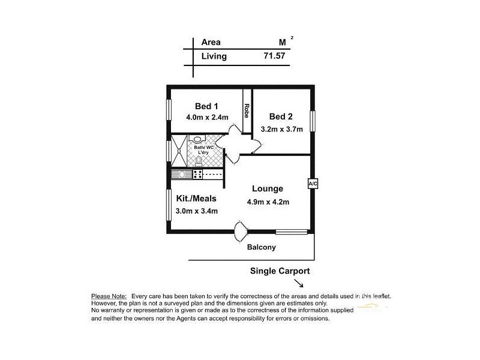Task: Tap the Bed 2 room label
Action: [x=281, y=116]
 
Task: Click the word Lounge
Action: [x=267, y=189]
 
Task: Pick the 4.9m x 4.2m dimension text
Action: [x=268, y=202]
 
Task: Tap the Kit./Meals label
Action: [x=196, y=199]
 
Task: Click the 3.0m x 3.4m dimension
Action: [x=197, y=211]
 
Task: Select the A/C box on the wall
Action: [x=312, y=184]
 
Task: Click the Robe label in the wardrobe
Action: [x=247, y=112]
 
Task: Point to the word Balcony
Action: [x=261, y=247]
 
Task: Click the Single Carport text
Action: [x=280, y=271]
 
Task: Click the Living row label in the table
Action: [x=214, y=56]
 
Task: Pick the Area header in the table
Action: [x=211, y=43]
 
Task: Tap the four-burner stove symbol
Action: [x=197, y=175]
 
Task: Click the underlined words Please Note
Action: [x=109, y=296]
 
